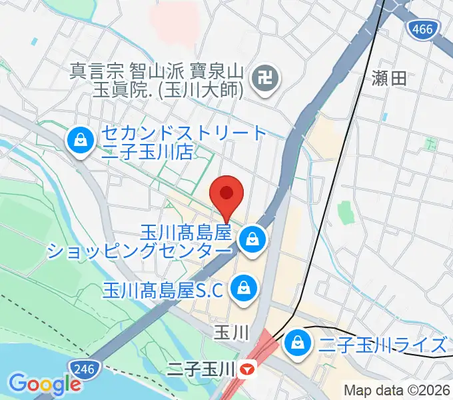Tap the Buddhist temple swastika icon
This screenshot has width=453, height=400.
pos(266,80)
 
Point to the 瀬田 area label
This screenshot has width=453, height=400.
pos(388,79)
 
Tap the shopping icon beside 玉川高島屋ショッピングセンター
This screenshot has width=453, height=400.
pos(252,238)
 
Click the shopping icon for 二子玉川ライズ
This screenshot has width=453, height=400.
pos(295,345)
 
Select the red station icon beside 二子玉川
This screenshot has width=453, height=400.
pos(248,368)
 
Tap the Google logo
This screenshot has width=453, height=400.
pos(44,384)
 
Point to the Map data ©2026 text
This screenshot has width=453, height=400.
pos(397,390)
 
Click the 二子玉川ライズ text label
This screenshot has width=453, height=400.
pos(382,345)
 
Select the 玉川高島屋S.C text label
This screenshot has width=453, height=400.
pos(165,289)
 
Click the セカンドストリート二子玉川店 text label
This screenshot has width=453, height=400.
pos(183,142)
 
